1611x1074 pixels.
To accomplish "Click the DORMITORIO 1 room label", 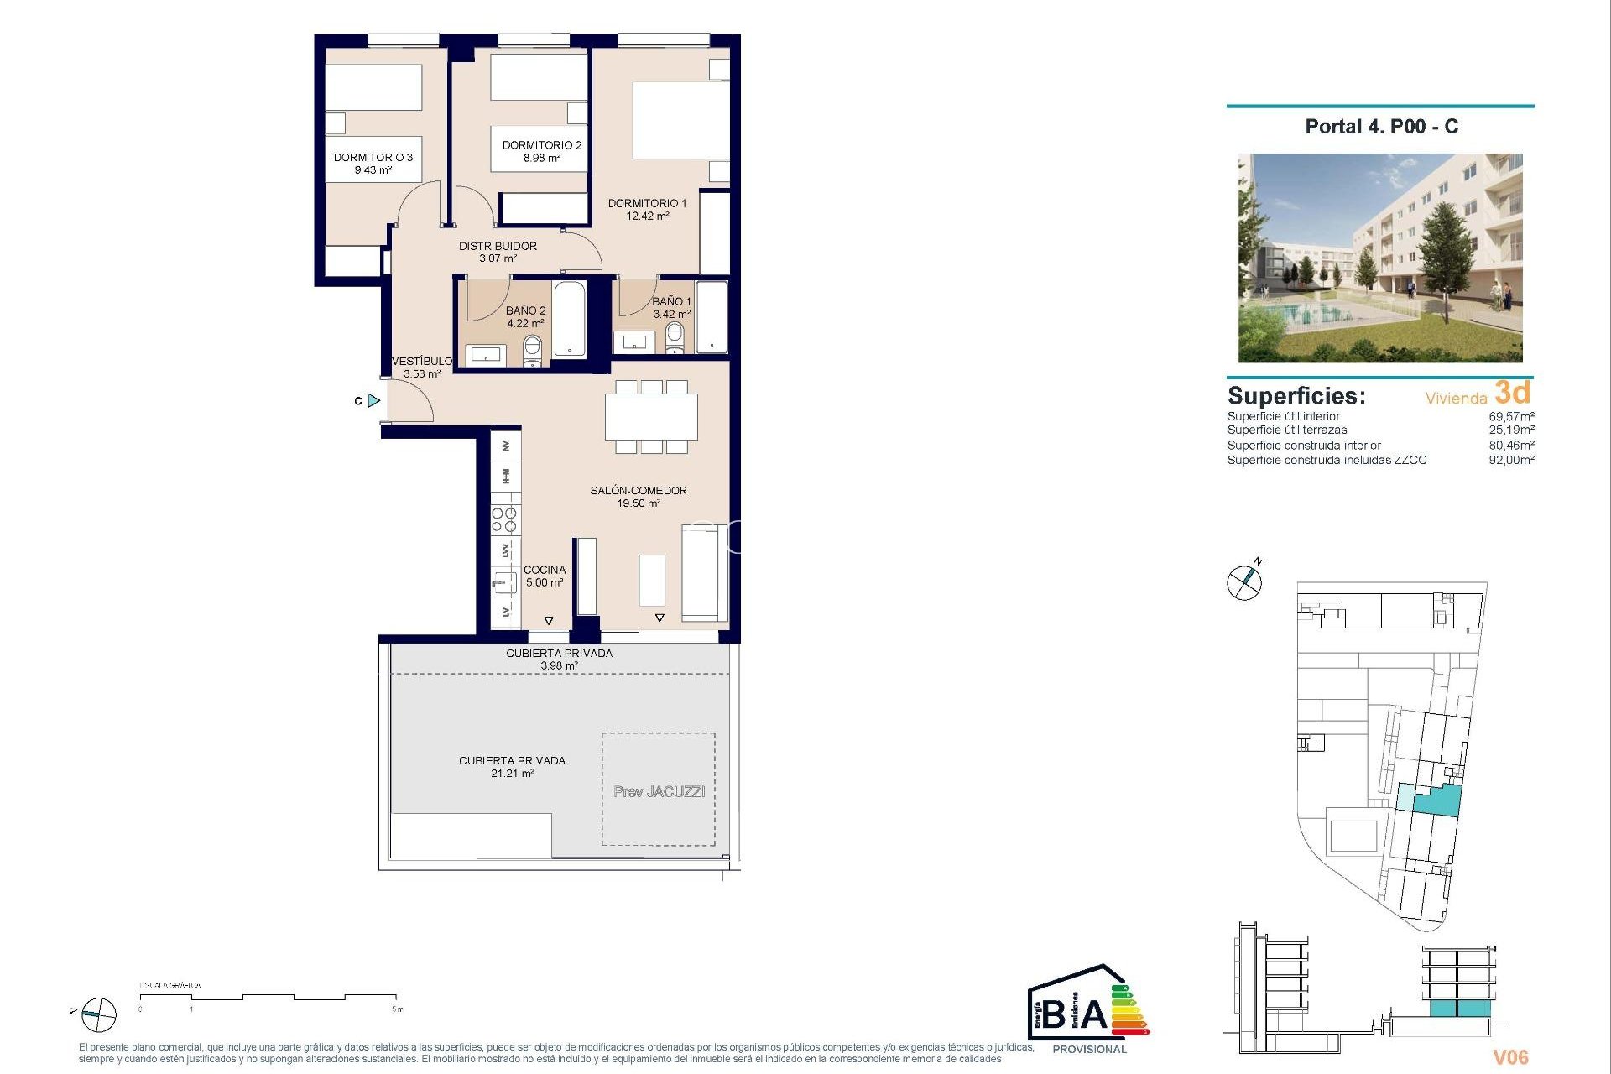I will tap(647, 203).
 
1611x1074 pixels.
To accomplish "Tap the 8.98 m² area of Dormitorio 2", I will tap(541, 158).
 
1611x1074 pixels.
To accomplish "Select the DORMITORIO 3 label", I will tap(373, 157).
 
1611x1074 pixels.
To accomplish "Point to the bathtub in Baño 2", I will tap(570, 320).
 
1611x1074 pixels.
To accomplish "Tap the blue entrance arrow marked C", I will tap(374, 401).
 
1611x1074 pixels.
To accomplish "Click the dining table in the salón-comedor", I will tap(651, 416).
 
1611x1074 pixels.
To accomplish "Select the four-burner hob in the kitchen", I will tap(504, 520).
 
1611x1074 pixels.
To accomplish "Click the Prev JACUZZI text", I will tap(659, 791).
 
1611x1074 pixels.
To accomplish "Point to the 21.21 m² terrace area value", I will tap(512, 774).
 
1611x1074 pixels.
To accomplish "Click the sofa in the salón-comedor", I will tap(704, 572).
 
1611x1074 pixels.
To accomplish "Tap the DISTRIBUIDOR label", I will tap(498, 246).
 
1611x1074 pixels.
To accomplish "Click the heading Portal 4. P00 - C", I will tap(1381, 127).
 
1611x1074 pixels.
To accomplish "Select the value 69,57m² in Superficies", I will tap(1511, 416).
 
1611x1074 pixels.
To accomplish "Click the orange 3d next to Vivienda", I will tap(1513, 393).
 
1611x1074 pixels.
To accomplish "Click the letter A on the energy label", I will tap(1092, 1014).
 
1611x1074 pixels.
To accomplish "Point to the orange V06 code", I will tap(1510, 1057).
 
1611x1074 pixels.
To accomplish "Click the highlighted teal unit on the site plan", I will tap(1438, 800).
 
